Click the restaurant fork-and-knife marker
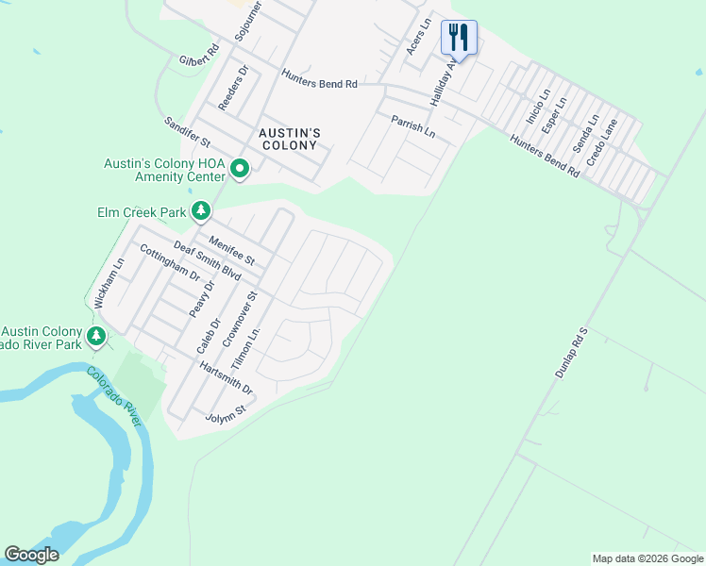[459, 38]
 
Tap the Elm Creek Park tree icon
[201, 211]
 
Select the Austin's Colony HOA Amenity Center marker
[240, 171]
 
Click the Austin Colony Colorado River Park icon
[95, 336]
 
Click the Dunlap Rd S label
[571, 354]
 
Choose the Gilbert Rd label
[199, 54]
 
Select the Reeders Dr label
[232, 89]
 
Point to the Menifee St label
[232, 250]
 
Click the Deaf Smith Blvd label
[207, 260]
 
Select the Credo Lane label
[601, 142]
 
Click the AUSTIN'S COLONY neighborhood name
[290, 140]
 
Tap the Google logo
[31, 554]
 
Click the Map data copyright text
[647, 558]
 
